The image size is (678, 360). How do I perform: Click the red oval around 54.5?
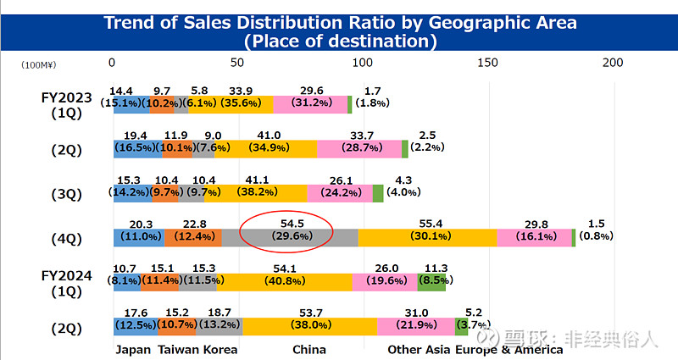(x=286, y=230)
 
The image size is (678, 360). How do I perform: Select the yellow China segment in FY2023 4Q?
(x=427, y=238)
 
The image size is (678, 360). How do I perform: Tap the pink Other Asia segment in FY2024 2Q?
(x=415, y=327)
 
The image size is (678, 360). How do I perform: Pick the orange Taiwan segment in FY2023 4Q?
(x=200, y=238)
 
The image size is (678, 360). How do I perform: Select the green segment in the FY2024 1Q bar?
(x=431, y=282)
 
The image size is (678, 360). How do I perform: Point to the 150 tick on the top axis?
(x=487, y=63)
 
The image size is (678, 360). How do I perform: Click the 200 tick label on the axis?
(x=613, y=63)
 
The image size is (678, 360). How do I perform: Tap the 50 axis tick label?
(x=236, y=63)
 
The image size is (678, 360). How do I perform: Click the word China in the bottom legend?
(x=308, y=349)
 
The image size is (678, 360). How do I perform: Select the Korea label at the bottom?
(x=220, y=349)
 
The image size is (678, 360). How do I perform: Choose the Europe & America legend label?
(x=508, y=349)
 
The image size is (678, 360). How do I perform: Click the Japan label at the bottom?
(x=132, y=349)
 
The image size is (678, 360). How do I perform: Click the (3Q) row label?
(x=66, y=194)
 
